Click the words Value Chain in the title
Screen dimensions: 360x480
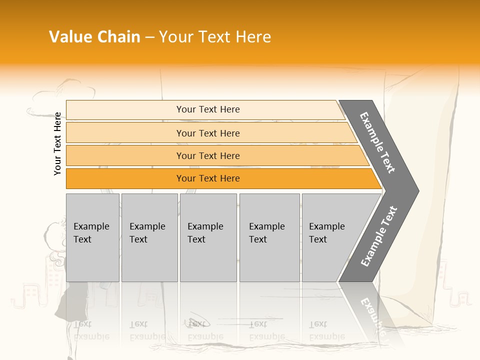pyautogui.click(x=94, y=37)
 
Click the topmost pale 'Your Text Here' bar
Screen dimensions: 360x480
pyautogui.click(x=207, y=109)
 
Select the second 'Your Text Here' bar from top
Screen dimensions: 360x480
pyautogui.click(x=207, y=133)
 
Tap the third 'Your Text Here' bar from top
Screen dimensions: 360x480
pyautogui.click(x=207, y=155)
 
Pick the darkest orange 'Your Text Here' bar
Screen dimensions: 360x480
pyautogui.click(x=207, y=178)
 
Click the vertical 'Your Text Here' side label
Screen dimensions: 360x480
pyautogui.click(x=57, y=143)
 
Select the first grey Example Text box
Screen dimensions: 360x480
pyautogui.click(x=92, y=237)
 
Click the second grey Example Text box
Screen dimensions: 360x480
pyautogui.click(x=149, y=237)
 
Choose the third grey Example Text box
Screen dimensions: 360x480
pyautogui.click(x=208, y=237)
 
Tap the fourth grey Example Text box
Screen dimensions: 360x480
pyautogui.click(x=269, y=237)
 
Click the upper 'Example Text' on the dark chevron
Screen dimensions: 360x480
pyautogui.click(x=377, y=142)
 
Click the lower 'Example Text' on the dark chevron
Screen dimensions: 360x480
pyautogui.click(x=379, y=236)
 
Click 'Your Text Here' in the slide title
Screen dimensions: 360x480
pyautogui.click(x=215, y=37)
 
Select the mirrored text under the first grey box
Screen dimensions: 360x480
pyautogui.click(x=91, y=330)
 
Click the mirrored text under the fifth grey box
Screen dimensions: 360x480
pyautogui.click(x=327, y=330)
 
